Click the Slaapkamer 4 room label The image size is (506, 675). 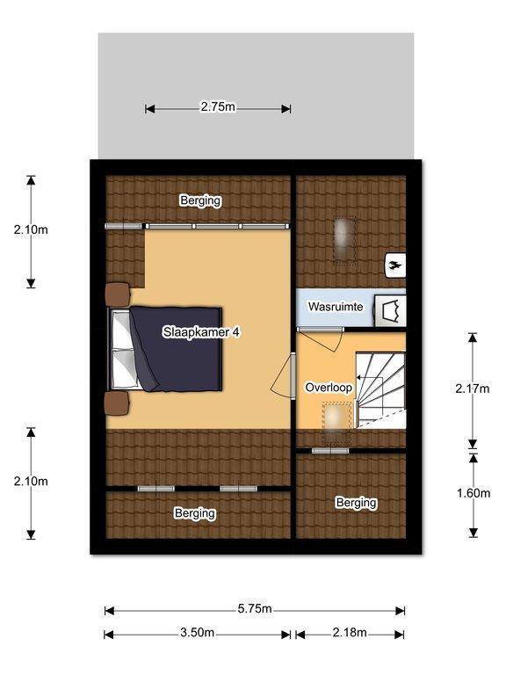tap(201, 332)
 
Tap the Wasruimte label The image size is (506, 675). tap(336, 307)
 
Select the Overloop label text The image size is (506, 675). tap(329, 388)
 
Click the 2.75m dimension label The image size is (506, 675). tap(218, 106)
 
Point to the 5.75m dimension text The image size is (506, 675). tap(255, 609)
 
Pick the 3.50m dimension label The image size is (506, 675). tap(197, 633)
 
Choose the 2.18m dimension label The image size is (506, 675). tap(350, 633)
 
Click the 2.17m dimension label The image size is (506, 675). tap(473, 388)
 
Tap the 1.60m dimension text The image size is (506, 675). tap(473, 493)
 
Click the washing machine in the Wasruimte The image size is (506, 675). tap(390, 310)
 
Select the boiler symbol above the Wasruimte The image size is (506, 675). tap(395, 265)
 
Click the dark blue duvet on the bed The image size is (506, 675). tap(177, 349)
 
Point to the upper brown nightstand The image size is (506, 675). tap(118, 295)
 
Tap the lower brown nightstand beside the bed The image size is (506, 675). tap(117, 403)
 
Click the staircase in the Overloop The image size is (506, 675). tap(380, 390)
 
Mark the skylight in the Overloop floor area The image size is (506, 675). tap(337, 424)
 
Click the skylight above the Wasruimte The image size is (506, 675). tap(344, 240)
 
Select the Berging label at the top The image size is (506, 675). tap(200, 200)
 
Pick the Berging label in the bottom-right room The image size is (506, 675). tap(357, 503)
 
